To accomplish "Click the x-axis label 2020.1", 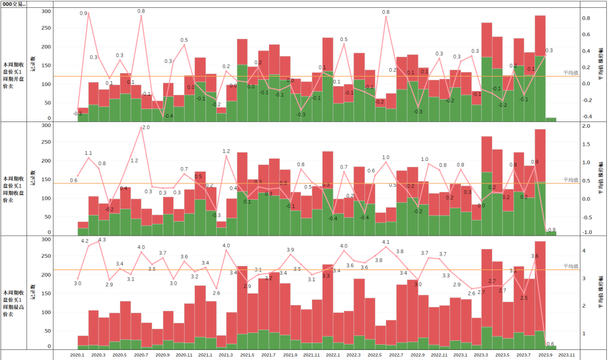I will click(x=77, y=355).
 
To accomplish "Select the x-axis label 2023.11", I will click(x=566, y=355).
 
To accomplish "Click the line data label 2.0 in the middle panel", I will click(x=146, y=128).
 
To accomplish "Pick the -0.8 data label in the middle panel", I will click(x=551, y=229).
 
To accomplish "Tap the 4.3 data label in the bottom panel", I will click(x=102, y=240).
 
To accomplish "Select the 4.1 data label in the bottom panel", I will click(x=386, y=242).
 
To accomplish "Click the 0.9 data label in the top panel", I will click(x=83, y=13).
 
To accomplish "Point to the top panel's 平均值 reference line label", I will click(x=571, y=73).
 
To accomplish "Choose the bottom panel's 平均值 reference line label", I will click(x=571, y=266).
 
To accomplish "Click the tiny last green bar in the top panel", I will click(x=551, y=119).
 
